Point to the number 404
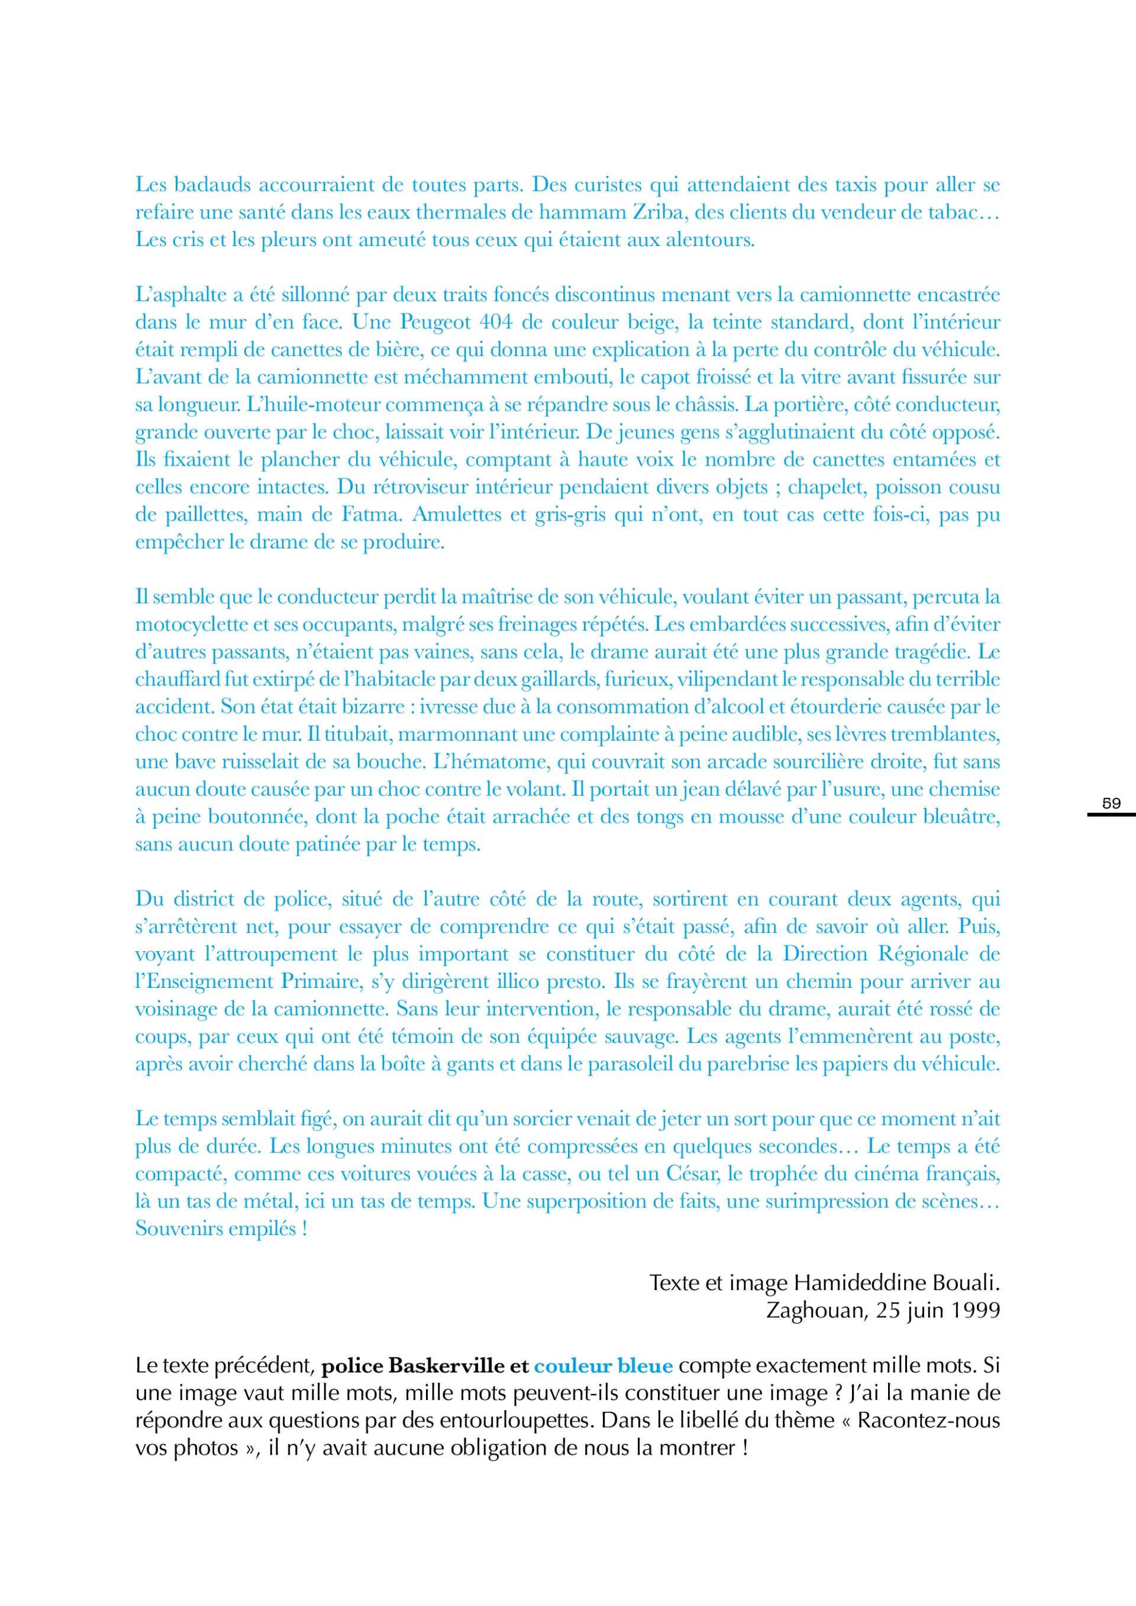[496, 322]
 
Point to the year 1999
[974, 1310]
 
